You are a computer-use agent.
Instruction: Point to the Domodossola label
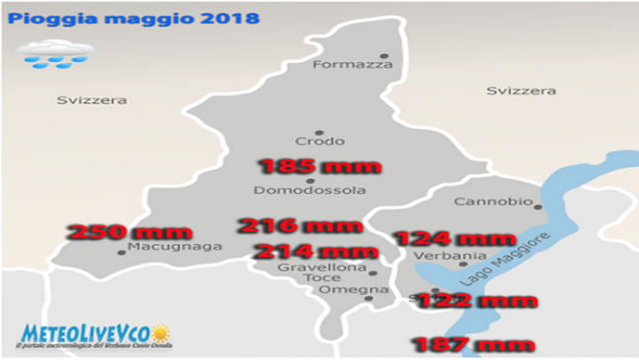point(310,190)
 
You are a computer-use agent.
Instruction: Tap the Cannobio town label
point(493,202)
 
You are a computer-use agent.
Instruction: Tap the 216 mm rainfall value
point(301,226)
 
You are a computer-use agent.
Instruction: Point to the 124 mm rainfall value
point(454,238)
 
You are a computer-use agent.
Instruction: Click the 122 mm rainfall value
point(476,301)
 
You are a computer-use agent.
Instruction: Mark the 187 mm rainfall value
point(473,344)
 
